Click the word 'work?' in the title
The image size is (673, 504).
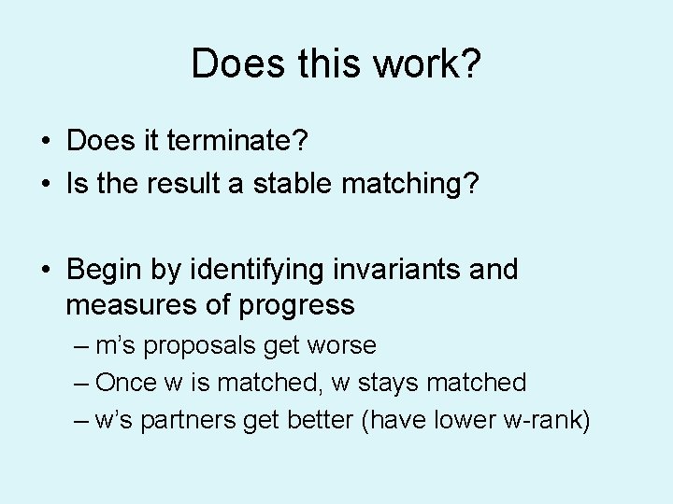point(432,64)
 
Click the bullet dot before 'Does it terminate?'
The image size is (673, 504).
point(45,143)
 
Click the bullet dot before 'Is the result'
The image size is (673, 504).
point(45,184)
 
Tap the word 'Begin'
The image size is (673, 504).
point(104,270)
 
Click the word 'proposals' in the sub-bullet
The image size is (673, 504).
point(205,345)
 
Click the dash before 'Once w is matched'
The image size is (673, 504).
point(81,383)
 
